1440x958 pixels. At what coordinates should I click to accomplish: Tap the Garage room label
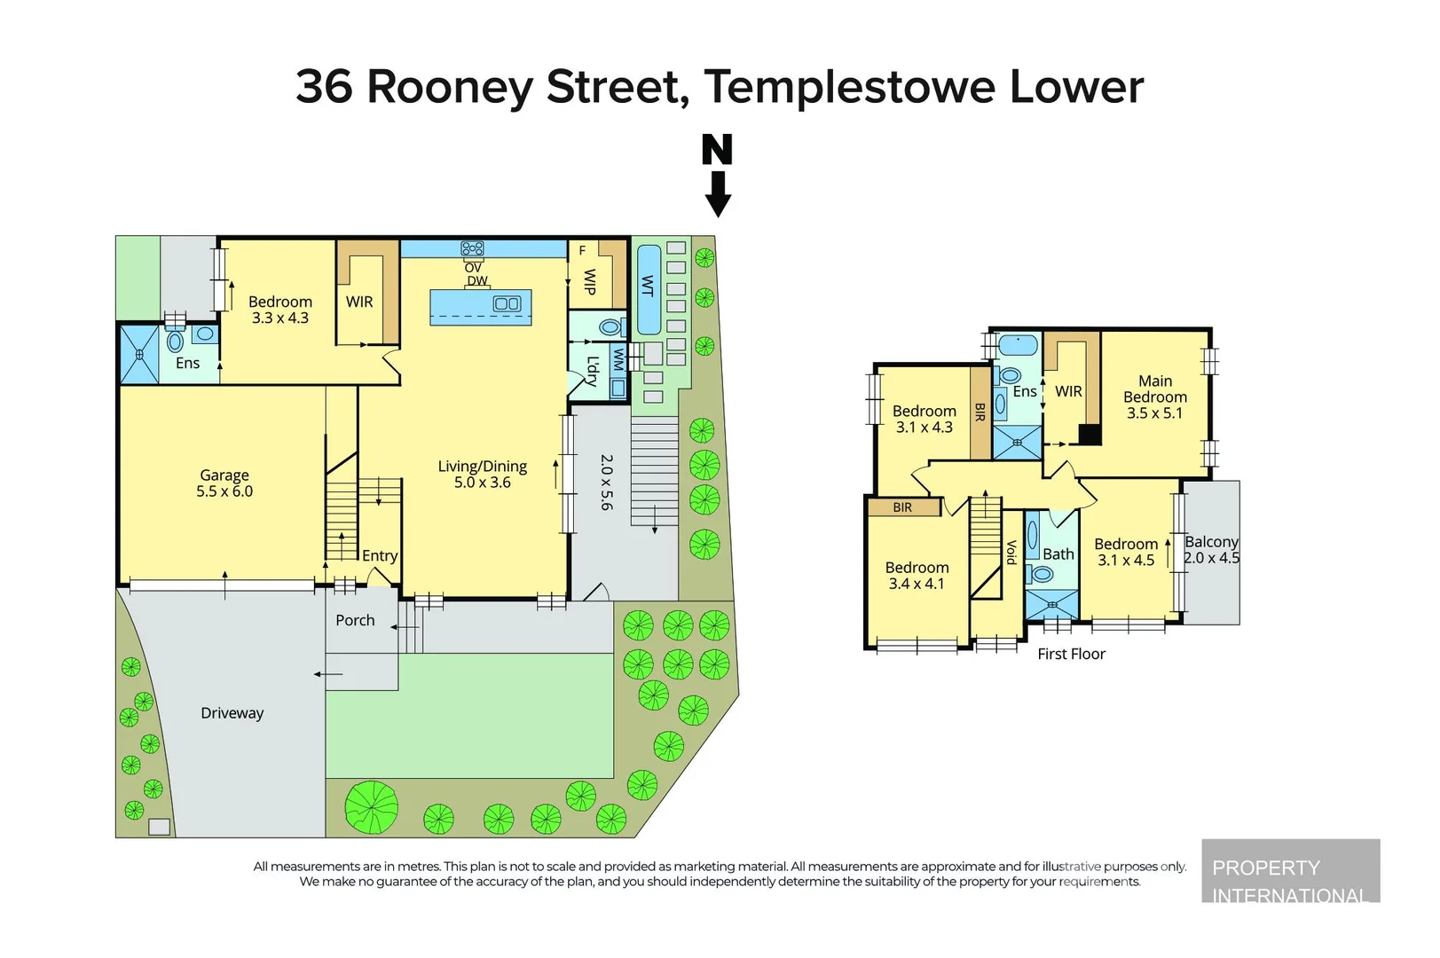click(224, 475)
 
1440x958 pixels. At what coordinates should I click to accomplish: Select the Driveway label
click(232, 713)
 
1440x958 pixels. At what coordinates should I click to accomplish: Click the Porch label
click(355, 620)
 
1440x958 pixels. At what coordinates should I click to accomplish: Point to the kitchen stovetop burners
click(472, 248)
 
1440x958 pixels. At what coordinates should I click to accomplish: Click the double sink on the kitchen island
click(507, 304)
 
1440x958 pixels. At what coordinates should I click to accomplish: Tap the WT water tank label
click(648, 286)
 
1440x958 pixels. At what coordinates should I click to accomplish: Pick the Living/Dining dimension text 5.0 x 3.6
click(482, 483)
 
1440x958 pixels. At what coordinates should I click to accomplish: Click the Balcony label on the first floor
click(1211, 542)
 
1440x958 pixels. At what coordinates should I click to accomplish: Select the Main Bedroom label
click(1155, 389)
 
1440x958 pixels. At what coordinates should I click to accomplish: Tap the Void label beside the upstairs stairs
click(1011, 553)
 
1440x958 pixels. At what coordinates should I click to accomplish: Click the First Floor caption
click(1071, 654)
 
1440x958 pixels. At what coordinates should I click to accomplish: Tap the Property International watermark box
click(1291, 870)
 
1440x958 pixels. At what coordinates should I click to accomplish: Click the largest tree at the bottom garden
click(371, 807)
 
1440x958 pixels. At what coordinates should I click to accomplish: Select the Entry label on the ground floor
click(379, 556)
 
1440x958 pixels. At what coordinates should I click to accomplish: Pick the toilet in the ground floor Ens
click(175, 342)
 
